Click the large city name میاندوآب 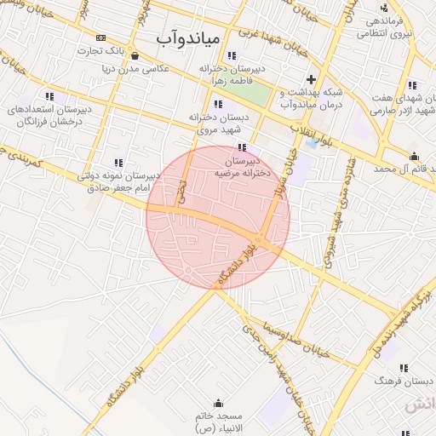tap(189, 39)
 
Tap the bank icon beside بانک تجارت tap(101, 37)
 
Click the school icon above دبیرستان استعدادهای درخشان tap(49, 96)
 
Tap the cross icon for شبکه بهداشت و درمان tap(312, 79)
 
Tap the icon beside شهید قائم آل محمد tap(414, 156)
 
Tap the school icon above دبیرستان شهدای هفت tap(412, 85)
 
